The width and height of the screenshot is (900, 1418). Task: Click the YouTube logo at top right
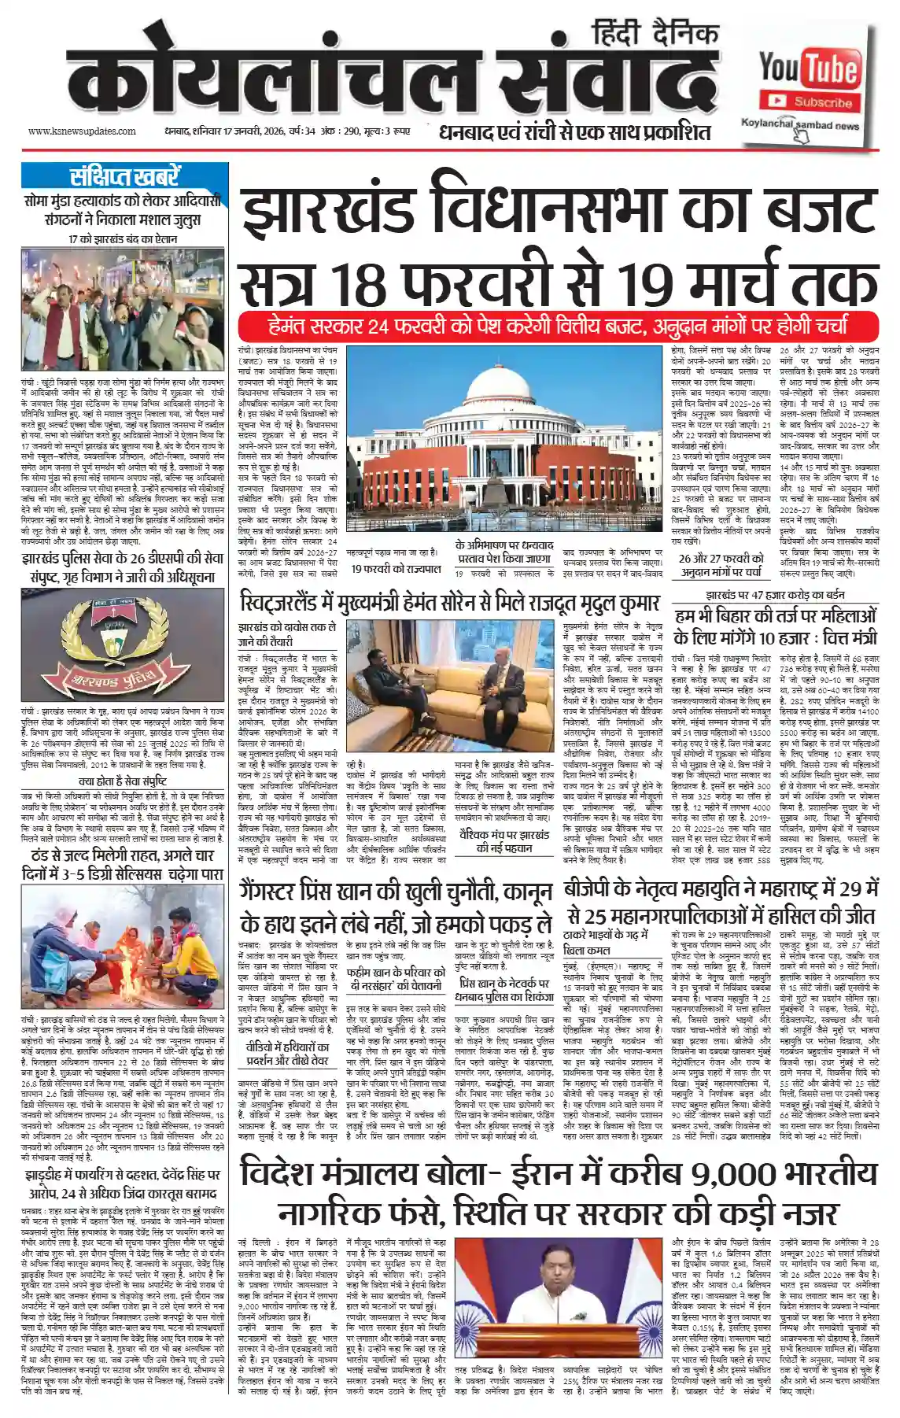click(x=808, y=70)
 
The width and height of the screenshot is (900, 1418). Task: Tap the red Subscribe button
click(x=810, y=102)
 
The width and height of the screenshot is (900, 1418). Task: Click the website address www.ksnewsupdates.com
click(x=82, y=131)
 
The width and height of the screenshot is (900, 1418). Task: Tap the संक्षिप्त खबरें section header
click(x=124, y=176)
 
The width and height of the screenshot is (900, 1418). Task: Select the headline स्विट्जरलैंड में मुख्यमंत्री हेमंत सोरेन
click(x=450, y=604)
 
